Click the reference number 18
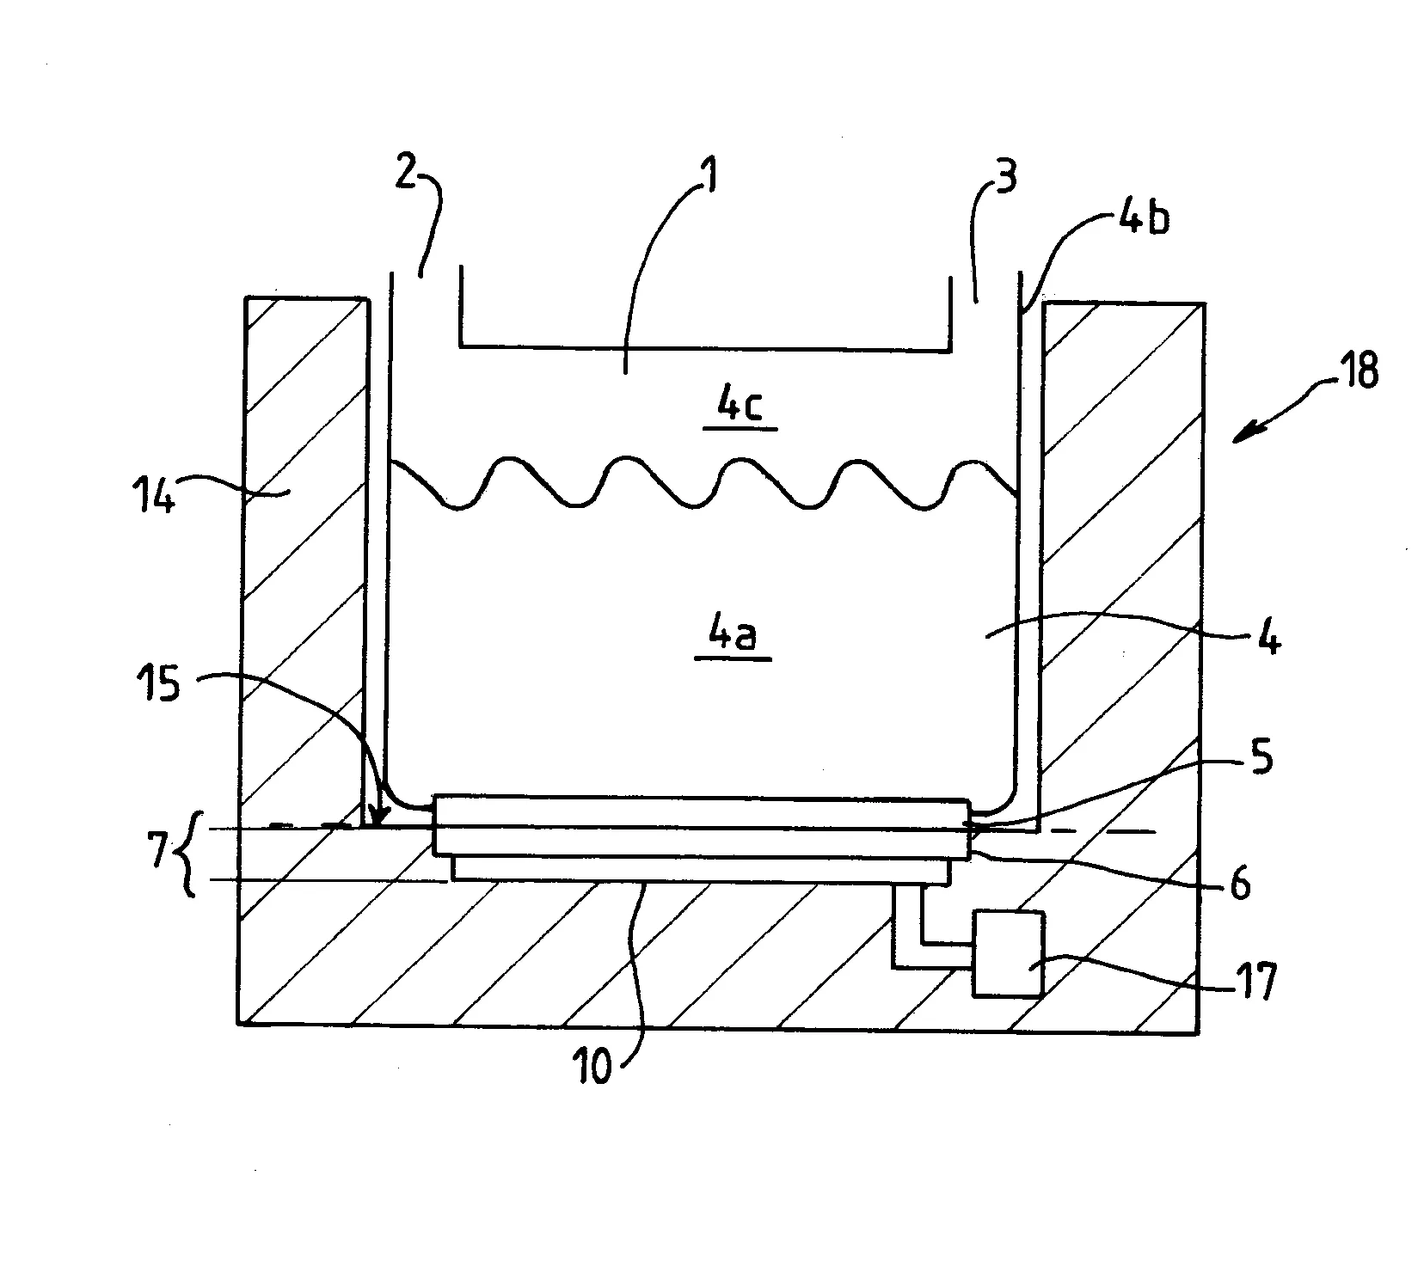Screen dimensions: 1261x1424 (1358, 371)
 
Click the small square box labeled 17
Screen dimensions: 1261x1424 (1008, 953)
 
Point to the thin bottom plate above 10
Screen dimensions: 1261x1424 (701, 870)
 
